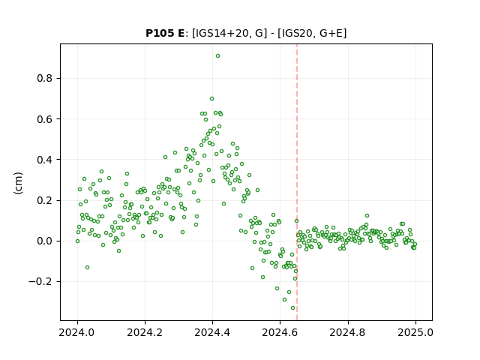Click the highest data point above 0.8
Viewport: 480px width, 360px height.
coord(217,56)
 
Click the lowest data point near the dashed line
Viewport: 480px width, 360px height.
coord(292,308)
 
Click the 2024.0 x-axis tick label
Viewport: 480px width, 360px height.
coord(77,332)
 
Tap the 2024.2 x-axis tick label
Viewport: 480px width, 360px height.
coord(145,332)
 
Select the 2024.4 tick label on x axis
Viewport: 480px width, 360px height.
coord(212,332)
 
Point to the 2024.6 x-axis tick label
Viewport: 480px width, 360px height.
coord(280,332)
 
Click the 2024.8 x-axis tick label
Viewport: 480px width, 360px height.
coord(348,332)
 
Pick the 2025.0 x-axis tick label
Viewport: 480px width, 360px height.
coord(415,332)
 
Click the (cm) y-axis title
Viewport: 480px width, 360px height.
coord(18,183)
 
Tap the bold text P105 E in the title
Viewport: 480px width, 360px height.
coord(165,33)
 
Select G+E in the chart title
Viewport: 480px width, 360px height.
coord(331,33)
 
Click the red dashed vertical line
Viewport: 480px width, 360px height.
coord(297,182)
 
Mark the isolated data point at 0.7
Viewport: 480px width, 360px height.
coord(211,98)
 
